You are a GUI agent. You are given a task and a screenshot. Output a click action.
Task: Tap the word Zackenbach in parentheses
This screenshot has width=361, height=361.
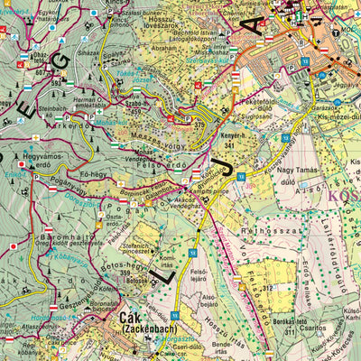pyautogui.click(x=135, y=331)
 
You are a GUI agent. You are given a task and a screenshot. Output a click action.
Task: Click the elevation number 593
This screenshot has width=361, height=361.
pyautogui.click(x=56, y=83)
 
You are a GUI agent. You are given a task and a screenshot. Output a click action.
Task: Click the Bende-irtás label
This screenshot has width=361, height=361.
pyautogui.click(x=218, y=348)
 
